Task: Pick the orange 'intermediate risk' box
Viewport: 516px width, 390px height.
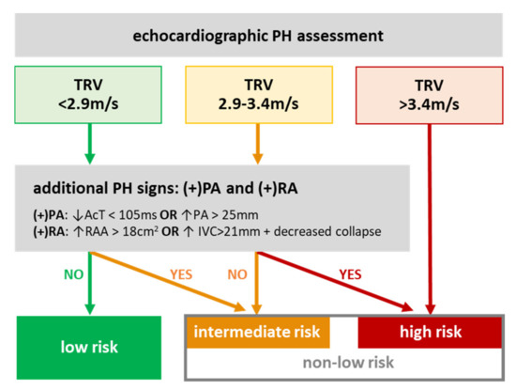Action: point(256,331)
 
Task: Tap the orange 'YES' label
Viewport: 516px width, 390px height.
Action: point(184,276)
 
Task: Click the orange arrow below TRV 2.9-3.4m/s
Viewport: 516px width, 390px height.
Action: point(258,150)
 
